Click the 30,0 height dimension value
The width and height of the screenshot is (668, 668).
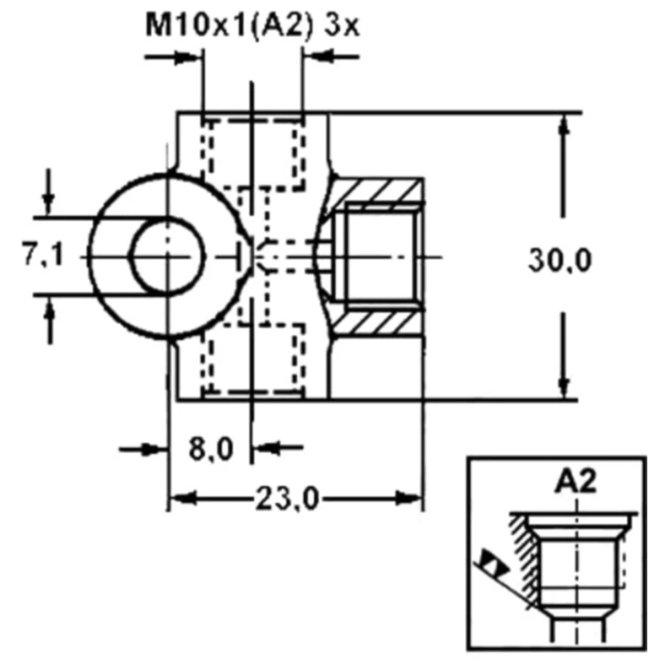pos(559,260)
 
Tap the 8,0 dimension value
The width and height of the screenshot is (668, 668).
pos(210,449)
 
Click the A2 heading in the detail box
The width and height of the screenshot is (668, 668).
pos(575,482)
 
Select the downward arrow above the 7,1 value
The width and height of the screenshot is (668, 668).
pos(49,198)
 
